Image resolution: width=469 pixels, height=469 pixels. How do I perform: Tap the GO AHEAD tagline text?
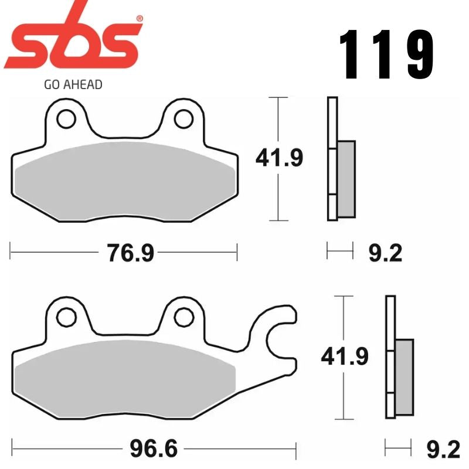tap(73, 84)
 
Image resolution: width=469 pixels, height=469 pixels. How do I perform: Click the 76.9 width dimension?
tap(130, 254)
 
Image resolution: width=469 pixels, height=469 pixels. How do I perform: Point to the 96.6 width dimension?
tap(153, 450)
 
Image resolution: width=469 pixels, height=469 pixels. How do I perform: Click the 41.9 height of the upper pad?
tap(278, 158)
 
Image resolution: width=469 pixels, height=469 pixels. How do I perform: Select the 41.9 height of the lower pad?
tap(344, 356)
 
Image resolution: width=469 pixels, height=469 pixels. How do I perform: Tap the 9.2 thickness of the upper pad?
tap(385, 253)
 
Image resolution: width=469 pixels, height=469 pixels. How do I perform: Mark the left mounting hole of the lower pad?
tap(66, 317)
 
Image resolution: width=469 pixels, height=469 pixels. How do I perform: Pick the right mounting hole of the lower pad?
tap(184, 317)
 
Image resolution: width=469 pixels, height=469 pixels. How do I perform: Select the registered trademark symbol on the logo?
tap(139, 19)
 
